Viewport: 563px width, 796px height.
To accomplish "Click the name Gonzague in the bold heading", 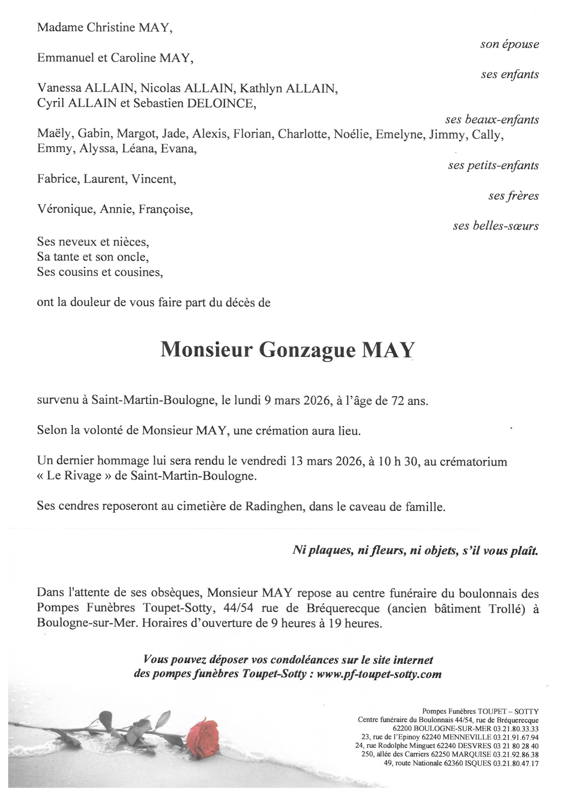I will [x=307, y=350].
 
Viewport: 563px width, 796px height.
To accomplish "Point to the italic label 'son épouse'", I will [x=509, y=44].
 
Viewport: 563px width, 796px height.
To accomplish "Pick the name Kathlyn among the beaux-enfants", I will [x=261, y=89].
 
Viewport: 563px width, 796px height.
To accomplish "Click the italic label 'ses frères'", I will [x=514, y=196].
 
